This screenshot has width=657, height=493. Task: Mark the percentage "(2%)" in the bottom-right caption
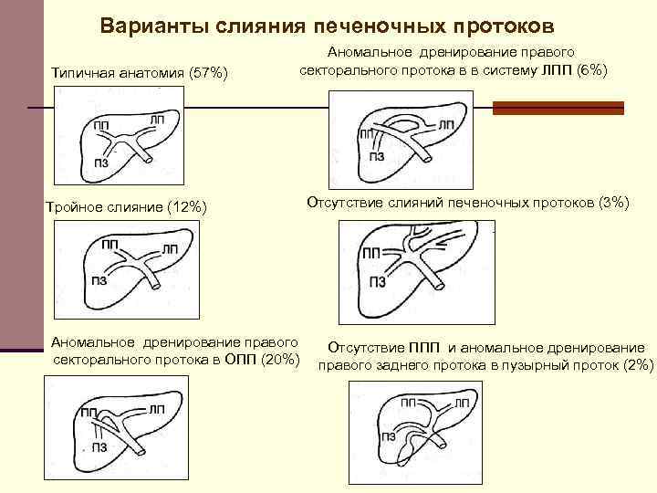(635, 364)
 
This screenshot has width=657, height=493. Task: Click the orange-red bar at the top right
(558, 107)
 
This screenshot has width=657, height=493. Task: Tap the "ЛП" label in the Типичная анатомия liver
(156, 120)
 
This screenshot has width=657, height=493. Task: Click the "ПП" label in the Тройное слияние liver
(111, 244)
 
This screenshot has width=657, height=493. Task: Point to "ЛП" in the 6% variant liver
(446, 124)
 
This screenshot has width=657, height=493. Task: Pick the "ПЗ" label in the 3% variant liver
(377, 282)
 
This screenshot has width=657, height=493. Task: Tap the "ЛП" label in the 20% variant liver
(156, 407)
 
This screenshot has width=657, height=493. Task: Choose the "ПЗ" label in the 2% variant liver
(390, 436)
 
